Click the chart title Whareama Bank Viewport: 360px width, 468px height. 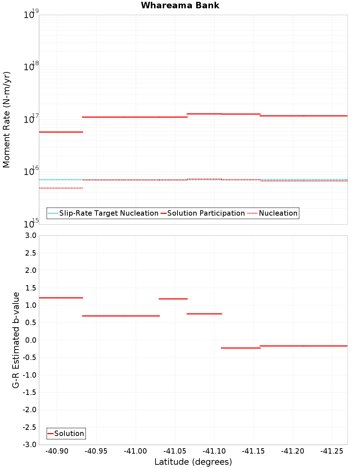(x=180, y=5)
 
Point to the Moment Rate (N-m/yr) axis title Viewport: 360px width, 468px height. (x=6, y=120)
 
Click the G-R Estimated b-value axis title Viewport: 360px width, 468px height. (x=16, y=340)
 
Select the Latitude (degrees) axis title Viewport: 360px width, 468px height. (x=193, y=462)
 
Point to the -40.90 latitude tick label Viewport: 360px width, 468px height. (x=57, y=451)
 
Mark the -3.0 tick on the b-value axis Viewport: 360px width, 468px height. (x=30, y=445)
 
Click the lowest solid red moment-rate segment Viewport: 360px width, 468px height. (x=61, y=132)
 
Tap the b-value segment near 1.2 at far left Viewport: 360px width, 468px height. (x=61, y=298)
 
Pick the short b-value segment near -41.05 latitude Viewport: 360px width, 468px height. (x=173, y=299)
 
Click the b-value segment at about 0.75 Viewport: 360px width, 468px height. (x=204, y=314)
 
